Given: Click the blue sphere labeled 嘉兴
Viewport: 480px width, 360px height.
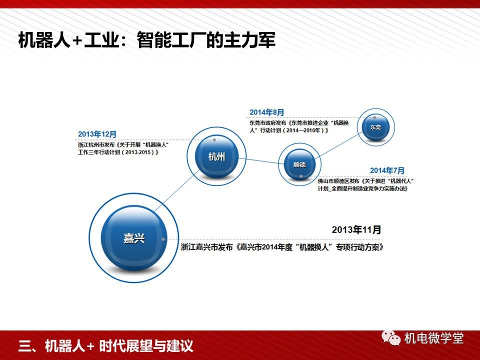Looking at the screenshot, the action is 134,238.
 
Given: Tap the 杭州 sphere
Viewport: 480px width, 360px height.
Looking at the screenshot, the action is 216,156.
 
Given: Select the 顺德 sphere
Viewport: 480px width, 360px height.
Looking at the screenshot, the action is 299,164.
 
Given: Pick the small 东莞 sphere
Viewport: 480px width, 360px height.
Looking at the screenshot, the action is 375,127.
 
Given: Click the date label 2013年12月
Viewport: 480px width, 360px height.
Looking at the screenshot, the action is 97,134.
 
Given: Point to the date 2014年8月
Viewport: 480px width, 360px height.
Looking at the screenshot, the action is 267,112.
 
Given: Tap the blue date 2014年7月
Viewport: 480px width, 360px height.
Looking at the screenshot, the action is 387,170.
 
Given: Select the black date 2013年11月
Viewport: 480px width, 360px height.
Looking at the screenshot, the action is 356,229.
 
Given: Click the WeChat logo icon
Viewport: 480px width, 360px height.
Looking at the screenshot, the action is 391,338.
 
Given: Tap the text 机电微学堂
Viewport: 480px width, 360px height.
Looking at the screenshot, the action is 434,338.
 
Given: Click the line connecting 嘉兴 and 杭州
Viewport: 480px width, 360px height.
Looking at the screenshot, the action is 176,191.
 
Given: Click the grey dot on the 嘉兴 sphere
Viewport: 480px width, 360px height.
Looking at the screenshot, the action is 163,239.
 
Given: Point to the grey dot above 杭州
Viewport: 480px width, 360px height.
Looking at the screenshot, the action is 214,140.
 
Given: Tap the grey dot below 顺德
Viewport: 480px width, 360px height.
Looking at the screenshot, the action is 301,176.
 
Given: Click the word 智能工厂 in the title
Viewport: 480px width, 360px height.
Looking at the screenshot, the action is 169,40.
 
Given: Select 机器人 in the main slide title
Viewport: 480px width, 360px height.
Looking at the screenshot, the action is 44,40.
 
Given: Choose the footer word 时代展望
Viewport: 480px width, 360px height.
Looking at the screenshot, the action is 125,346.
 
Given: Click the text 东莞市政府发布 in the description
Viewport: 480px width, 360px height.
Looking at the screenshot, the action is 268,123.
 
